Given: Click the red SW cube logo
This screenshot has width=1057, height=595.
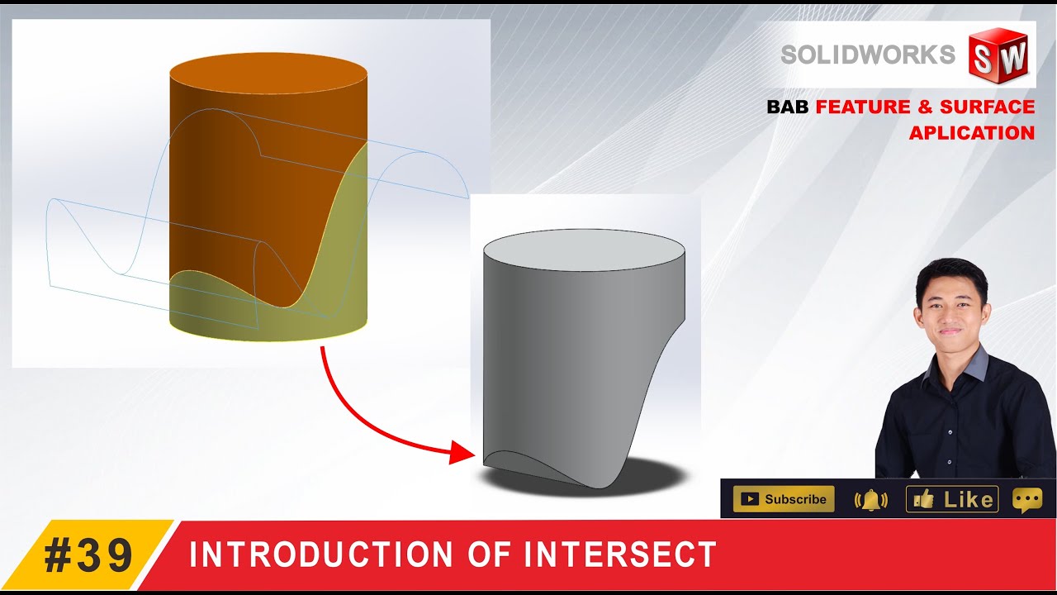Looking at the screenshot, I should tap(1000, 55).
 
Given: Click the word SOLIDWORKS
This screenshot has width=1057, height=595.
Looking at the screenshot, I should tap(868, 55).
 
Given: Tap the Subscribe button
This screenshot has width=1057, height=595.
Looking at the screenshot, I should tap(784, 499).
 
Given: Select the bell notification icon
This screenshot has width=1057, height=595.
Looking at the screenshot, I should tap(870, 500).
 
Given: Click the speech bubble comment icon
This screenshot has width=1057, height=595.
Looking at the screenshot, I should tap(1026, 500).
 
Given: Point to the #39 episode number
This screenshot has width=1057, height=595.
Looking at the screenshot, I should tap(88, 555).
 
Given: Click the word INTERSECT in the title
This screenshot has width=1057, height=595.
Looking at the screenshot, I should tap(627, 555).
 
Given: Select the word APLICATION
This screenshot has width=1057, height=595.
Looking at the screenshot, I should tap(972, 133).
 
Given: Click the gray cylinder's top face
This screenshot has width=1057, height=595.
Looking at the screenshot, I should tap(583, 248).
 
